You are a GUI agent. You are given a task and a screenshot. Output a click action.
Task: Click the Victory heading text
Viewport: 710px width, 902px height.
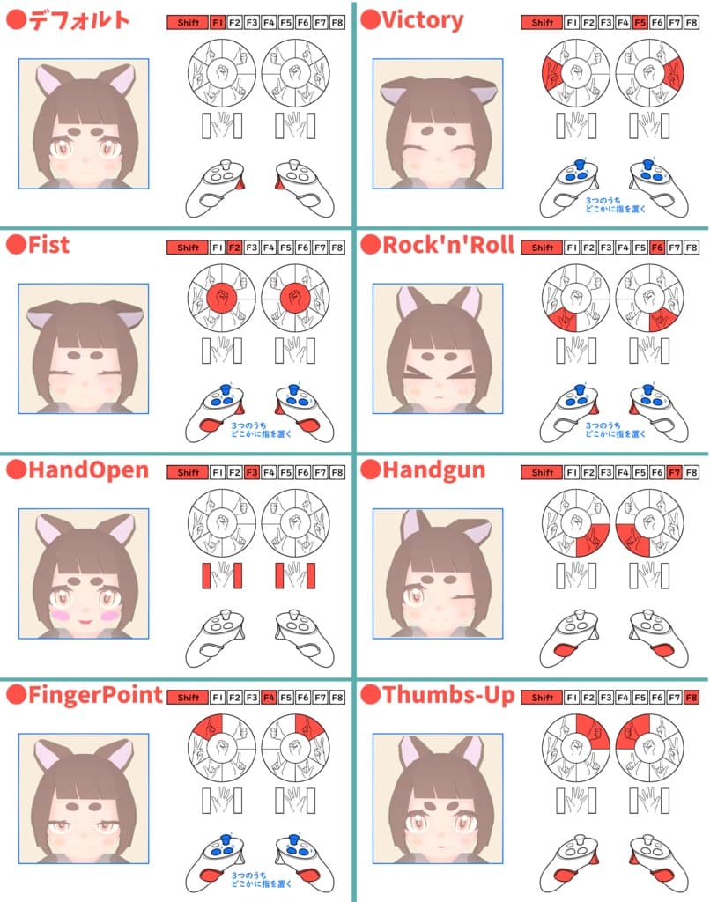[422, 21]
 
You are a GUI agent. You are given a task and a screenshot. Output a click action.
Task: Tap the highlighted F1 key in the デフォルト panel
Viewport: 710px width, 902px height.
[218, 22]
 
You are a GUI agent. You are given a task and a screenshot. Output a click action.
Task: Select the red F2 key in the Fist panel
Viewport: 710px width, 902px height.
[234, 248]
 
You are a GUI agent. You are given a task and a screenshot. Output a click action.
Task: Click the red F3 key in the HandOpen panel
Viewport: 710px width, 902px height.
[251, 472]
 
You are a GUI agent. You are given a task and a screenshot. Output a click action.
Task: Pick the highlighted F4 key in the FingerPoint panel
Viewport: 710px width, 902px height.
[269, 698]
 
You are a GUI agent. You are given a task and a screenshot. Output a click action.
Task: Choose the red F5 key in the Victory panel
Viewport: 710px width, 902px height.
[640, 22]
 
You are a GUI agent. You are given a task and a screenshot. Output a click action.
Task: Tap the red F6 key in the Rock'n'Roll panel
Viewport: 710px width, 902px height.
[657, 248]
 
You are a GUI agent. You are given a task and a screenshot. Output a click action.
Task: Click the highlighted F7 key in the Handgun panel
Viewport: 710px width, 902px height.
[675, 472]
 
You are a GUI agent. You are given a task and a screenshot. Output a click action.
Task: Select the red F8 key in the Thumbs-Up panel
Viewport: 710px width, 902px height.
[692, 698]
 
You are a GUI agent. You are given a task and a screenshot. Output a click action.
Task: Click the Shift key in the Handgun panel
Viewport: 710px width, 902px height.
[542, 472]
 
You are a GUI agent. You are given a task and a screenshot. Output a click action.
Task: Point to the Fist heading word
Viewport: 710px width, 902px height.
[49, 245]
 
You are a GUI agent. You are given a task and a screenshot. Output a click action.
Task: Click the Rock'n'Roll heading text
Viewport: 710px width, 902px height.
[448, 245]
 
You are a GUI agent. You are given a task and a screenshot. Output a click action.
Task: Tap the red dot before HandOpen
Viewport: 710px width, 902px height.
[16, 469]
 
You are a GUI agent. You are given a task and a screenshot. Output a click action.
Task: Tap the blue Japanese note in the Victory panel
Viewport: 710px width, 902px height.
[615, 204]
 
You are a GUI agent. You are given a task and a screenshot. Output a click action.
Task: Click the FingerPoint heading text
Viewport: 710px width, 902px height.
[95, 695]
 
